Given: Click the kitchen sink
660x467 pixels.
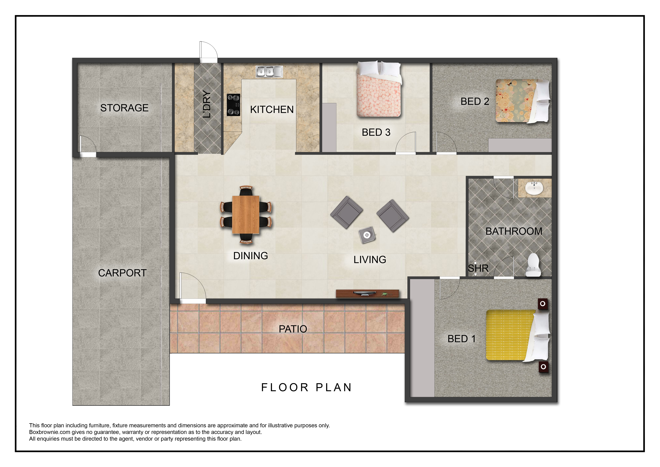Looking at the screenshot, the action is point(269,72).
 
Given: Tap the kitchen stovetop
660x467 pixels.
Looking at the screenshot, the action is point(233,105).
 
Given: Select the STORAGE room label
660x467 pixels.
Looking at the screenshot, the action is point(124,108).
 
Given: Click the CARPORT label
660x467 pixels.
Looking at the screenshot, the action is point(122,273).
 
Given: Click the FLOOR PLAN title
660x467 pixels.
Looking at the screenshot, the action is point(306,387).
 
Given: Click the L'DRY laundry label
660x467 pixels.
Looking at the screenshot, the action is point(207,104).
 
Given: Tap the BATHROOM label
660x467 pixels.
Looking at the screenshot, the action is point(514,231).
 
